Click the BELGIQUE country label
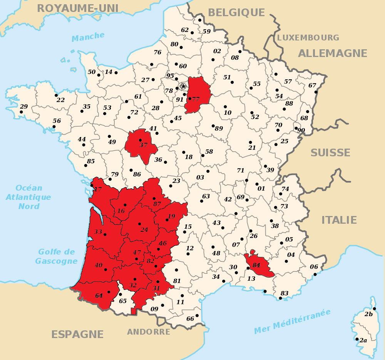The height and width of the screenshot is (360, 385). point(236,13)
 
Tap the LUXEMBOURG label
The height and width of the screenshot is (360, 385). point(308,38)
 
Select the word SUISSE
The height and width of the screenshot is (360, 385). point(330,152)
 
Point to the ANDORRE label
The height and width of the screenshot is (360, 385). point(149,332)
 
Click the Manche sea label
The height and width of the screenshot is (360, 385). point(88,37)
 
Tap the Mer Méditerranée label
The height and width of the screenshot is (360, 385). point(292,322)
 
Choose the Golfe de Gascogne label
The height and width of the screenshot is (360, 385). point(56,256)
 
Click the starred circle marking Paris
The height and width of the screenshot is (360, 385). point(183,86)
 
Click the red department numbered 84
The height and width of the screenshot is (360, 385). point(259,265)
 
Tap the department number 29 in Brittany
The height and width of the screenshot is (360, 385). point(24,107)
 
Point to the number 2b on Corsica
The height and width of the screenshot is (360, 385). point(368,314)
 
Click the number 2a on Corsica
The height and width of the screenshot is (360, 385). point(363,340)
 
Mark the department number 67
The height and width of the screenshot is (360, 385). point(312,85)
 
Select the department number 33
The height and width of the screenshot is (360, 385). point(98,232)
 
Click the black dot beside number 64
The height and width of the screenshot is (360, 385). point(109,292)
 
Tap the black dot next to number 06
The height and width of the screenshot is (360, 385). point(315,274)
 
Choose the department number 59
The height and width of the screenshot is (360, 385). point(206,32)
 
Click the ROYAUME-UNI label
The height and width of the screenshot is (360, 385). point(78,8)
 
